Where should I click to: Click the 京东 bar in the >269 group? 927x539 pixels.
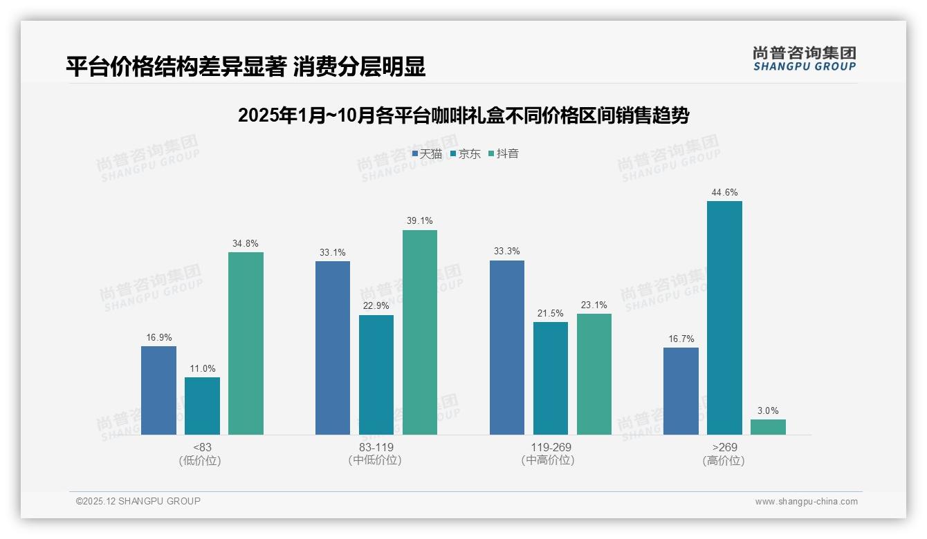tap(724, 318)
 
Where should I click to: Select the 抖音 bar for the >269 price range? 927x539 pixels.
tap(768, 427)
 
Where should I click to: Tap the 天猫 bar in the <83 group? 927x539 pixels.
tap(158, 390)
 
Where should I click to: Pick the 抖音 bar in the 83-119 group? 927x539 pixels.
tap(420, 332)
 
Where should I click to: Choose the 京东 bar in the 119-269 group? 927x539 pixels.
tap(551, 378)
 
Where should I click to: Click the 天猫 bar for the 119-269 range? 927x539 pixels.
tap(507, 348)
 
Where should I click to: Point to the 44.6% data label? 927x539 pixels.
tap(724, 193)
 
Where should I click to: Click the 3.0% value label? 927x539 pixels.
tap(768, 410)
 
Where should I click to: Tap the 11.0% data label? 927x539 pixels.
tap(202, 369)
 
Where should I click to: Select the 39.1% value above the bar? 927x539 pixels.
tap(420, 221)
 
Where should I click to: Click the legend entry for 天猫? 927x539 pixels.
tap(427, 154)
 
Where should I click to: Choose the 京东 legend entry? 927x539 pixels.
tap(465, 154)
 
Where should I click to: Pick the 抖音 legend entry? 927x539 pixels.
tap(503, 154)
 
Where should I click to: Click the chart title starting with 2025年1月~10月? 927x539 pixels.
tap(463, 115)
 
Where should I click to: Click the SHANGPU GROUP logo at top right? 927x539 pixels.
tap(804, 59)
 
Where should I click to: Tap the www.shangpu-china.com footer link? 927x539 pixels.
tap(806, 502)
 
